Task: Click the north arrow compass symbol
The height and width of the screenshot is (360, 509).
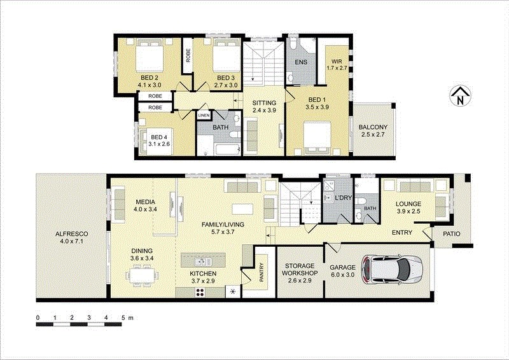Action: pyautogui.click(x=460, y=97)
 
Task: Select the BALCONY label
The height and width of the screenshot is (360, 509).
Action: pyautogui.click(x=373, y=127)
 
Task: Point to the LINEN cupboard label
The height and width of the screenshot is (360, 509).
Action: pyautogui.click(x=204, y=115)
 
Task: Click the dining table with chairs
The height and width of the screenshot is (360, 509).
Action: pyautogui.click(x=143, y=275)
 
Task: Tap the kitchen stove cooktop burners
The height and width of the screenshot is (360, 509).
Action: pyautogui.click(x=200, y=293)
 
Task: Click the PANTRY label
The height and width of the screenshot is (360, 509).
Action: pyautogui.click(x=261, y=272)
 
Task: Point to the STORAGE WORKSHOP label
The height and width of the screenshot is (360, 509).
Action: pyautogui.click(x=300, y=270)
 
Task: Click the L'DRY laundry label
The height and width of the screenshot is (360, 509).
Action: pyautogui.click(x=343, y=197)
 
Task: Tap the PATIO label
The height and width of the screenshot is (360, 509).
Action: pyautogui.click(x=452, y=233)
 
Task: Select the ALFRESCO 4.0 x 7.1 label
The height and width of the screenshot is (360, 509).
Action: pyautogui.click(x=71, y=237)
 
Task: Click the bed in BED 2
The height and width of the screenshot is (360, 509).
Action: pyautogui.click(x=150, y=56)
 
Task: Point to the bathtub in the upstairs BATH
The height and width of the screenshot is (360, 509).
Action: pyautogui.click(x=227, y=149)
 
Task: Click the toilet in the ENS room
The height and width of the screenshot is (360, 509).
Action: pyautogui.click(x=293, y=43)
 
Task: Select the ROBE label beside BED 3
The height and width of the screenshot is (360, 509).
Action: pyautogui.click(x=188, y=55)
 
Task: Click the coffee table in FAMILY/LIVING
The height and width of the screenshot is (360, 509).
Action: pyautogui.click(x=242, y=209)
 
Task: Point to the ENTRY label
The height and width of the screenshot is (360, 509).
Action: pyautogui.click(x=402, y=232)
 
